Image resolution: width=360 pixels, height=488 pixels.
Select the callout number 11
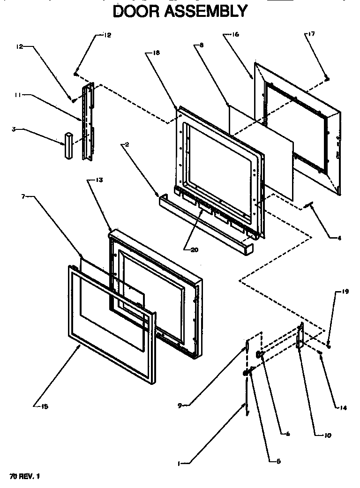[x=17, y=95]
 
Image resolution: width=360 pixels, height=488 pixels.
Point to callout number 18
[x=156, y=53]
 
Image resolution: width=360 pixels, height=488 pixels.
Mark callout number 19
[x=345, y=292]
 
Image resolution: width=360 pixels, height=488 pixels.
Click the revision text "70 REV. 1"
[x=25, y=476]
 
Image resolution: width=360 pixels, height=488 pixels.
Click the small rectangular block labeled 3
[x=67, y=145]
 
